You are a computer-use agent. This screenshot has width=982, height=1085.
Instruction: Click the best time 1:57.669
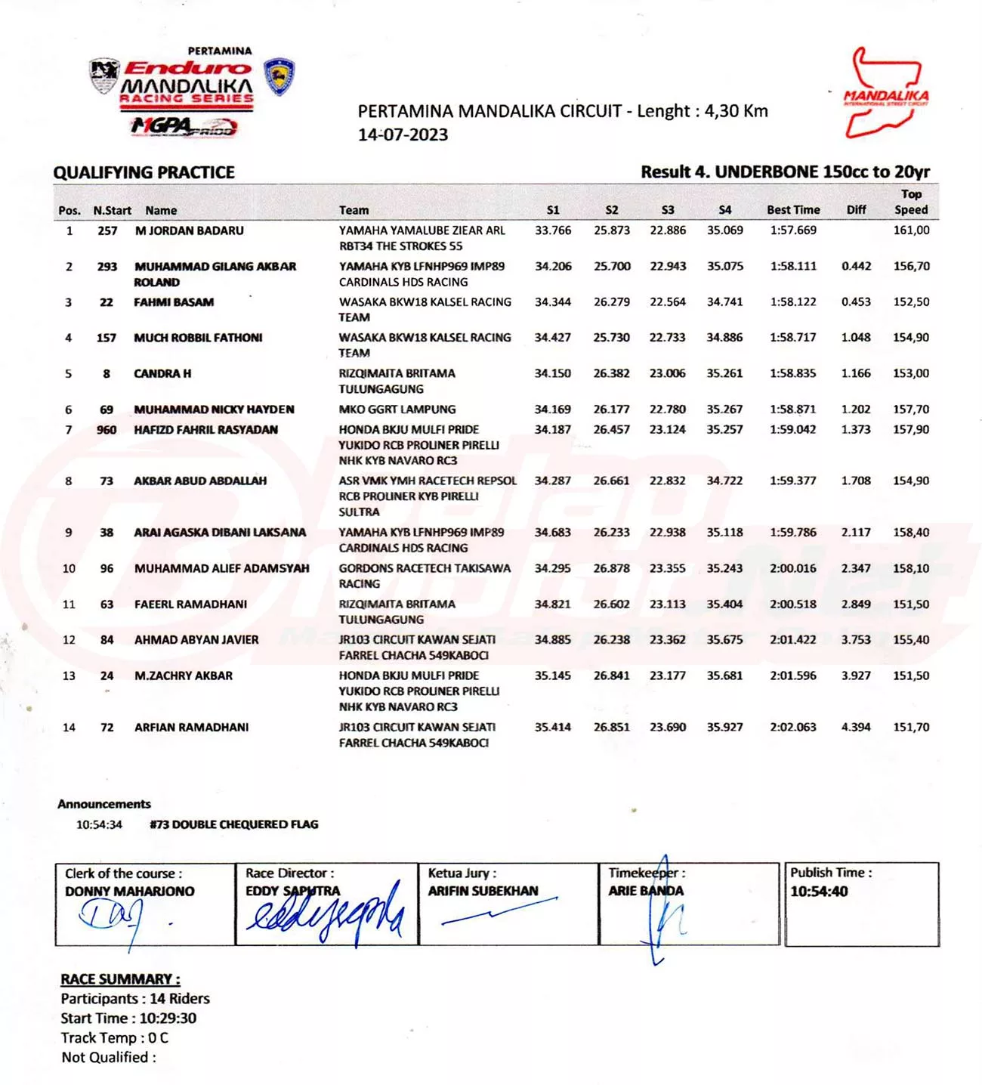tap(793, 230)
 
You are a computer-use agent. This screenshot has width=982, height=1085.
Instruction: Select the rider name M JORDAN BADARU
tap(189, 230)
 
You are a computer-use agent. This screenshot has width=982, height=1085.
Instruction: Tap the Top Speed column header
tap(911, 202)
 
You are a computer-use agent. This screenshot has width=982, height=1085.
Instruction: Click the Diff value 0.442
tap(856, 267)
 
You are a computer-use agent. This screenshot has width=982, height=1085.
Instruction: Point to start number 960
tap(107, 430)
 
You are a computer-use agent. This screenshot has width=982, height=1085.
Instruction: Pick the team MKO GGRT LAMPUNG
tap(397, 410)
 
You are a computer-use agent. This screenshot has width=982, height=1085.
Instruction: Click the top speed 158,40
tap(911, 533)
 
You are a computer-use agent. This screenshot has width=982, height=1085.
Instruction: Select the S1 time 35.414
tap(552, 728)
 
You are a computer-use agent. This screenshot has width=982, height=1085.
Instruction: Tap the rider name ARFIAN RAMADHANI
tap(191, 728)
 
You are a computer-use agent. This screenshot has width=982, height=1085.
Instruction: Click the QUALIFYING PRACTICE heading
tap(144, 172)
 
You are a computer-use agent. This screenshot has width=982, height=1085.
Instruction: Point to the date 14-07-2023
tap(403, 135)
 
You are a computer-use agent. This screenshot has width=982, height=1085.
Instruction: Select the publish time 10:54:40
tap(819, 892)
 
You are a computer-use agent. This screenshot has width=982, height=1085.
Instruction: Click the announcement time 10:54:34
tap(99, 824)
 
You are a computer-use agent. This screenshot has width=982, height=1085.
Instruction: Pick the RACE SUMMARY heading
tap(120, 979)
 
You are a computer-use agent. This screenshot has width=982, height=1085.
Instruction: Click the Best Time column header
tap(793, 210)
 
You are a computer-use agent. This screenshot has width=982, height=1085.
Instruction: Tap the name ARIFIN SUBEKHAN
tap(483, 892)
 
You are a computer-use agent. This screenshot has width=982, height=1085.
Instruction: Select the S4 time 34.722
tap(724, 481)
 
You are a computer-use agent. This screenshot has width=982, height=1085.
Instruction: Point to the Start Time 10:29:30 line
tap(128, 1019)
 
